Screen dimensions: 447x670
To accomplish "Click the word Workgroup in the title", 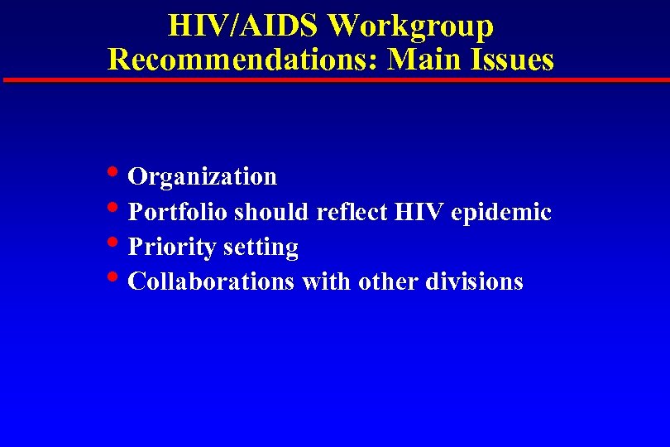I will pos(410,26).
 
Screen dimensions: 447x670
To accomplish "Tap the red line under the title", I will pos(335,80).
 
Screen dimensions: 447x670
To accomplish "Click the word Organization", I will pos(203,176).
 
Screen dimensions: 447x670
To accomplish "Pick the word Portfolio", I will pos(179,212).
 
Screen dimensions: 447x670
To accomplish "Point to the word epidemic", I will pos(501,213).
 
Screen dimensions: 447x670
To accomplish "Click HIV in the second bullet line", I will pos(420,212).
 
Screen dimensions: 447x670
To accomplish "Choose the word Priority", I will pos(167,248).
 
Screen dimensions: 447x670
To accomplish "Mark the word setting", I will pos(261,248).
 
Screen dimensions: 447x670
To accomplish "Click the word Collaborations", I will pos(212,281).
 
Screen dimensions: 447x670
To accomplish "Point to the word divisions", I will pos(474,281).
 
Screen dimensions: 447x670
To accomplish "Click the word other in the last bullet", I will pos(388,281).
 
